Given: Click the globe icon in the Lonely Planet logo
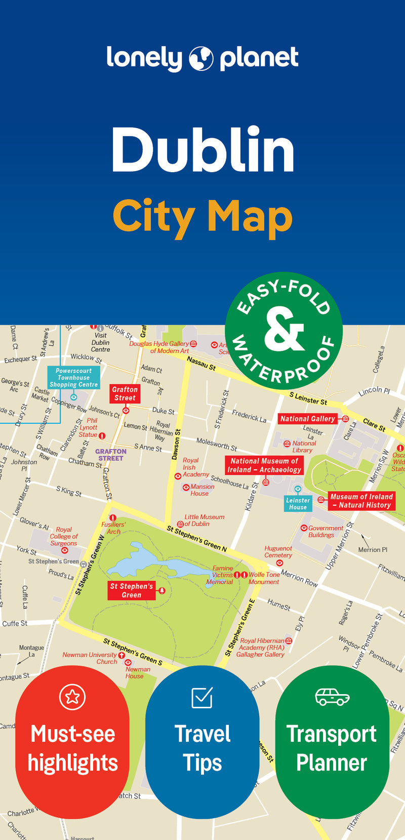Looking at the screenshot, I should (201, 59).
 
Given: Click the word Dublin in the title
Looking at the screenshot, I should (202, 150).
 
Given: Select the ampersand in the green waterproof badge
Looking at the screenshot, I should (283, 330).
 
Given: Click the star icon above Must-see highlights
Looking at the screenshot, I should (72, 697).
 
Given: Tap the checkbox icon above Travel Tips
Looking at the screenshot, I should (202, 697).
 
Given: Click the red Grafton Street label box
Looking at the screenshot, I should (125, 393).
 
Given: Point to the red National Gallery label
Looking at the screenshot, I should (308, 419).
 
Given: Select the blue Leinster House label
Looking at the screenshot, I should (298, 503).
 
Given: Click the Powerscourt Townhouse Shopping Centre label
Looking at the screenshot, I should (74, 378).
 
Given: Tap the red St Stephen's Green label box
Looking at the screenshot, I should (131, 590).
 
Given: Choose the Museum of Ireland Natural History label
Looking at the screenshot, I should (361, 501).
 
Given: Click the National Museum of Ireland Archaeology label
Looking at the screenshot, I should (264, 465).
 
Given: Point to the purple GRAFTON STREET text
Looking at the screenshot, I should (111, 455).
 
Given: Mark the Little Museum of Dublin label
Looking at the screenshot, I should (204, 520).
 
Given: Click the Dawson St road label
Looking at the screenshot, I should (176, 445).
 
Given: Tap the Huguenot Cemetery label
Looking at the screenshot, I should (278, 551).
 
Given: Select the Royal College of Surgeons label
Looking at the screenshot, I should (64, 536).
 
